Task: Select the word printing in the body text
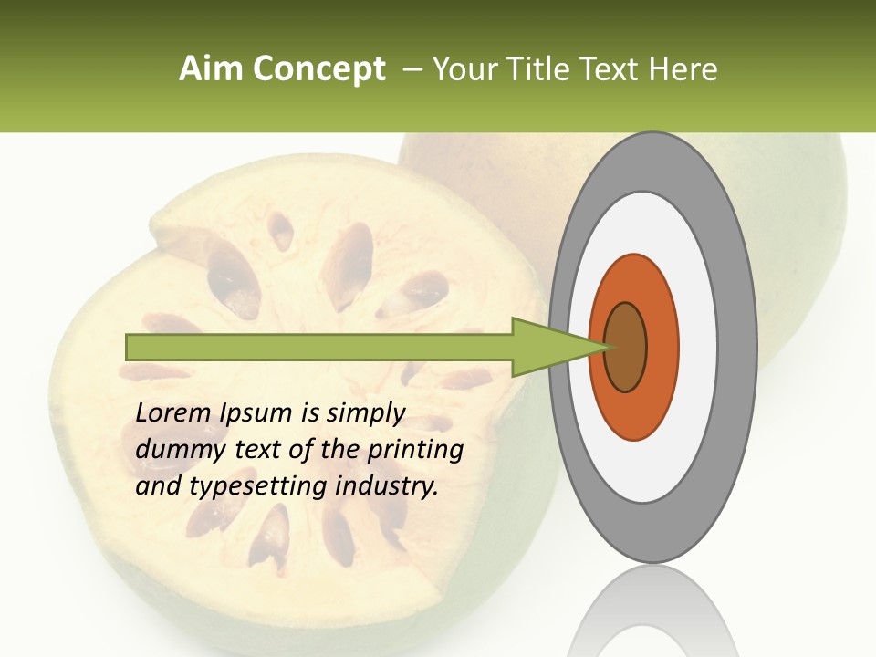coord(415,451)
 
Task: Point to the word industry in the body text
coord(387,486)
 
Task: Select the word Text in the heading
coord(612,69)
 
